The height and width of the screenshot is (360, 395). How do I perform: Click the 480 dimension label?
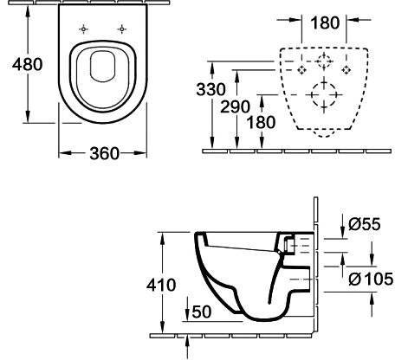(x=28, y=64)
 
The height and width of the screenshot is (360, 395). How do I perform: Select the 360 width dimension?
(x=104, y=153)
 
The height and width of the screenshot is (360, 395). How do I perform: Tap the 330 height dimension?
(x=210, y=89)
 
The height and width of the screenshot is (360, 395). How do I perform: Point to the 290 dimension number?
(x=235, y=106)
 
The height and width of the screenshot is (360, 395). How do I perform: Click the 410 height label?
(x=161, y=285)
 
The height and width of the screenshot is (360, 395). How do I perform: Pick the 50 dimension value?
(x=202, y=312)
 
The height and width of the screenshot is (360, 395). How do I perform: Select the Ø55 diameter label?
(x=365, y=224)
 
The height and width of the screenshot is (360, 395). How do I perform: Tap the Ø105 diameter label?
(x=371, y=279)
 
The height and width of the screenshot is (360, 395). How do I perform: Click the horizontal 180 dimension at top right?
(x=325, y=22)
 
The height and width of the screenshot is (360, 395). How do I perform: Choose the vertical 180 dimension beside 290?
(x=262, y=122)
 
